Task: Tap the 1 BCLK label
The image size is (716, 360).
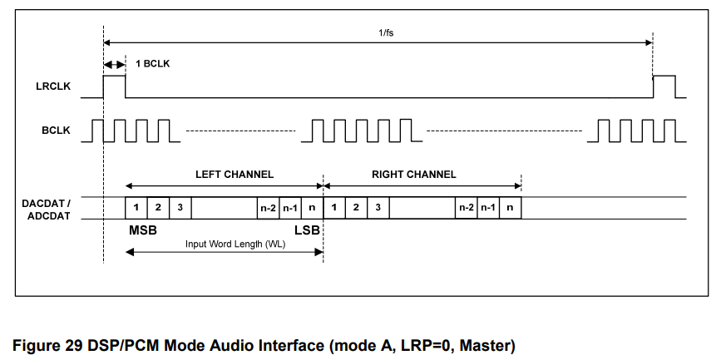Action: point(154,64)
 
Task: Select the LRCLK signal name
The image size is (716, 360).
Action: point(53,86)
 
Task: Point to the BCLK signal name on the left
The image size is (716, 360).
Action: point(57,131)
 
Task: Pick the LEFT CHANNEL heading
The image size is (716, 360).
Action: point(234,175)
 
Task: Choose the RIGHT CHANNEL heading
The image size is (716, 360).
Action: point(413,175)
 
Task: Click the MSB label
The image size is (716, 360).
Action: point(142,229)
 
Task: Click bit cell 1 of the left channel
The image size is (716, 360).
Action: point(136,207)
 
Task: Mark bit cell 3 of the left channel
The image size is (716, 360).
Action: point(180,207)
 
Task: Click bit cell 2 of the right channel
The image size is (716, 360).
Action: point(356,207)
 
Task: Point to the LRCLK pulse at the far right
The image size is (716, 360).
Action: point(664,86)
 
